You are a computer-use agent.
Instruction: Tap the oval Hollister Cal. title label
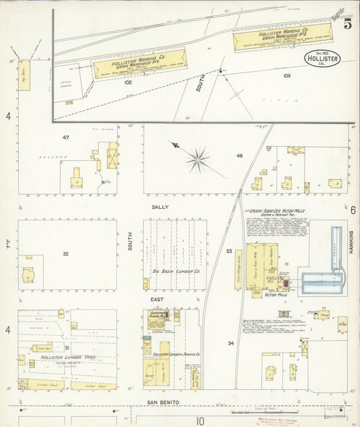[x=322, y=57]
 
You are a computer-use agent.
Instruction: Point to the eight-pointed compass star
[x=198, y=159]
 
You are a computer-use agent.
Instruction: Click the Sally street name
[x=160, y=207]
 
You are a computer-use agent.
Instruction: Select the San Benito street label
[x=164, y=402]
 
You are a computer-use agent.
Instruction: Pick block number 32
[x=66, y=254]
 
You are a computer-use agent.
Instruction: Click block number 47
[x=66, y=138]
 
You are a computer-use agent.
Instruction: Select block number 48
[x=238, y=156]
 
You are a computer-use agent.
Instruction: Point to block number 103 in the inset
[x=286, y=76]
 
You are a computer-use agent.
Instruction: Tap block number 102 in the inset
[x=128, y=82]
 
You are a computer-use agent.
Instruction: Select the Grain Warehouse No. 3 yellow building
[x=282, y=38]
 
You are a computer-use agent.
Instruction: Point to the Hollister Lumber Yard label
[x=66, y=357]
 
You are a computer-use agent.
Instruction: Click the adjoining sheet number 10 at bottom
[x=200, y=420]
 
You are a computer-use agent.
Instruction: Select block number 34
[x=231, y=343]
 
